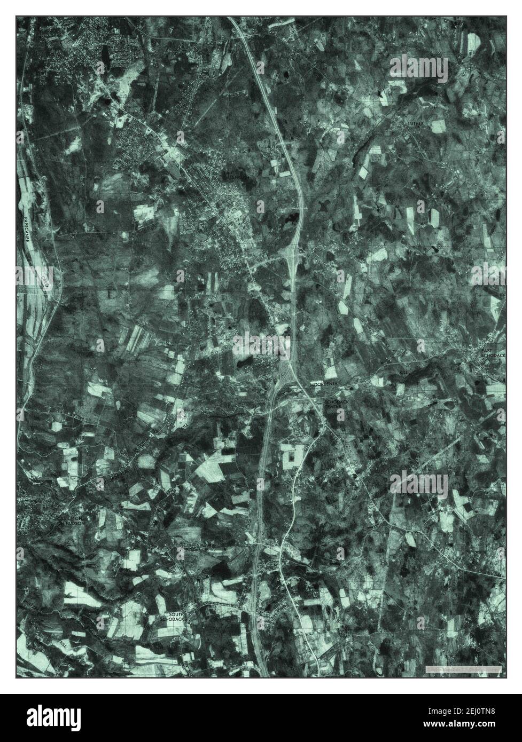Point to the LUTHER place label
(415, 123)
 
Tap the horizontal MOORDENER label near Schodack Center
(322, 384)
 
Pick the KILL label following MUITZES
(65, 638)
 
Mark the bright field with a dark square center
(292, 458)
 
